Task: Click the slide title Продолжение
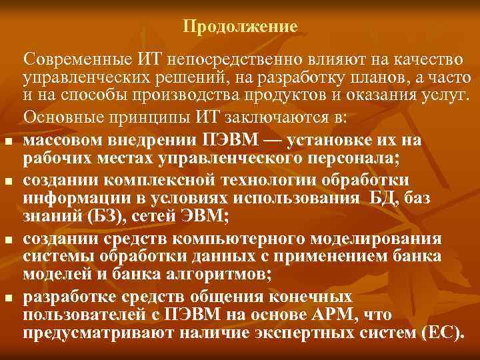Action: click(240, 27)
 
